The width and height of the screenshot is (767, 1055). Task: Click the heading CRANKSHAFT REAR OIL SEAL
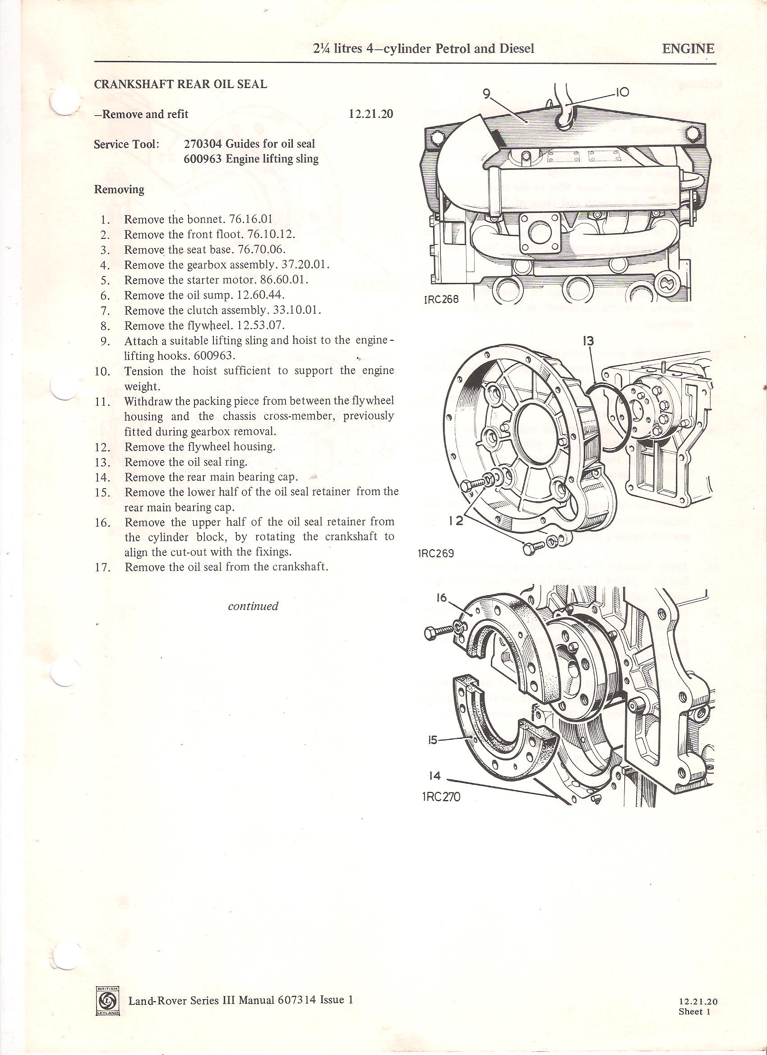point(180,84)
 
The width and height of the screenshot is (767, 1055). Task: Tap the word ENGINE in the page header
point(688,48)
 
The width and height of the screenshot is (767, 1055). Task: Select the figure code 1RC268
point(441,300)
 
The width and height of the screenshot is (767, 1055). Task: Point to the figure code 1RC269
point(436,554)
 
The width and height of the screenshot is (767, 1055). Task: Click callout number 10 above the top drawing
point(622,92)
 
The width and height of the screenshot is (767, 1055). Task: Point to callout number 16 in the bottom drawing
point(441,597)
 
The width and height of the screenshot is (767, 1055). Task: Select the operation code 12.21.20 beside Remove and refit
point(371,114)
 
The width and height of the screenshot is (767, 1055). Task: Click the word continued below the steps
point(253,606)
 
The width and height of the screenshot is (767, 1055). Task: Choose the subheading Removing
point(119,190)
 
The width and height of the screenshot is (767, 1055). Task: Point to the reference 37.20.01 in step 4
point(306,265)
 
